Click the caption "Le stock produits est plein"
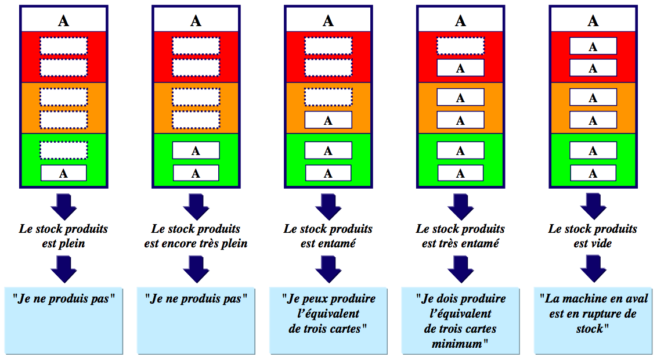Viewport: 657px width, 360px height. [x=64, y=236]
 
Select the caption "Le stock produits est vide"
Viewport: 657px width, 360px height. [x=593, y=236]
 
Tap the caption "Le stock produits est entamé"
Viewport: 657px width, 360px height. [x=328, y=236]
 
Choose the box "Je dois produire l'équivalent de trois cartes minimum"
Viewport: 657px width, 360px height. [x=460, y=319]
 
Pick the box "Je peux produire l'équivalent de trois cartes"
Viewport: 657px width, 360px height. [x=328, y=319]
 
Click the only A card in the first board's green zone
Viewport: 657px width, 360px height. [x=64, y=173]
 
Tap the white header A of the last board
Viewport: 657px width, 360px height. [x=593, y=21]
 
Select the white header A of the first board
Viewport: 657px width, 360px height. [x=64, y=21]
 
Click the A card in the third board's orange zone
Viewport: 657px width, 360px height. [x=328, y=120]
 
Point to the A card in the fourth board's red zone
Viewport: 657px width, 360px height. [x=460, y=68]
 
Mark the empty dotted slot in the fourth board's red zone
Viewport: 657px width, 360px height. [x=460, y=46]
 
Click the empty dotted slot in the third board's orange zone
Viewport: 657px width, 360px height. [x=328, y=97]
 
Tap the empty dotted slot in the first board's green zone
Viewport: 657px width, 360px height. [x=64, y=150]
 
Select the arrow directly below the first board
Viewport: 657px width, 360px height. [x=64, y=206]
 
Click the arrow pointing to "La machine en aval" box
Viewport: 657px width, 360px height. [x=593, y=269]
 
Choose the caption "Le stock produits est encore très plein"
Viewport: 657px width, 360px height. [x=196, y=236]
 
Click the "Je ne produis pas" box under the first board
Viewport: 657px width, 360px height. [x=64, y=319]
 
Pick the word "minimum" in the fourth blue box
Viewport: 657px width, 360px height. [x=460, y=343]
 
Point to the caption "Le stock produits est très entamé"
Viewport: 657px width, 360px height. [x=460, y=236]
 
